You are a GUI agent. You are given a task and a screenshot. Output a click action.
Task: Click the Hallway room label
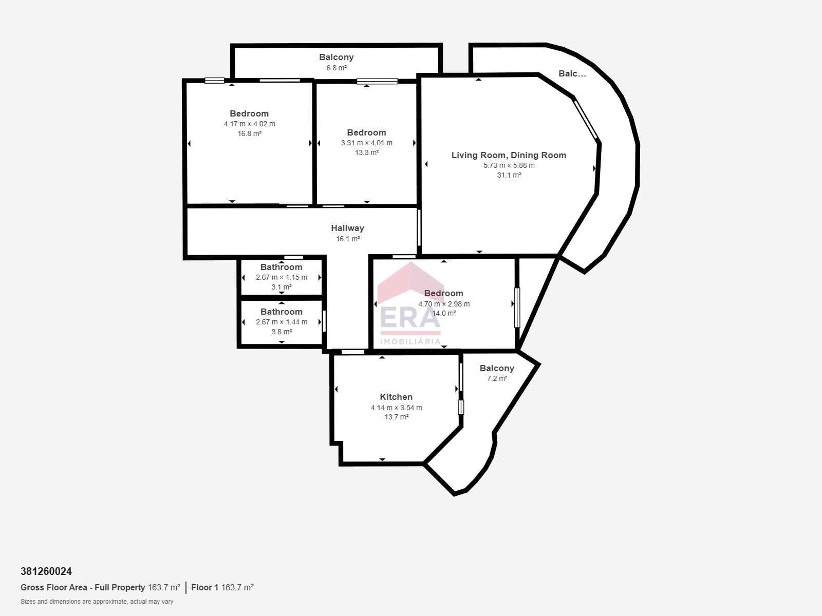(347, 228)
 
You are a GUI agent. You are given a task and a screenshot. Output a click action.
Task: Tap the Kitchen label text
(396, 397)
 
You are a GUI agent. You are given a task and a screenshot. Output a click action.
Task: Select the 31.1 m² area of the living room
(509, 175)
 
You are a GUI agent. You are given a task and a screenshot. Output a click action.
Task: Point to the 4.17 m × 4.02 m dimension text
(249, 124)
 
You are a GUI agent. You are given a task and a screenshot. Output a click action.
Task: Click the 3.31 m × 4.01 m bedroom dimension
(367, 143)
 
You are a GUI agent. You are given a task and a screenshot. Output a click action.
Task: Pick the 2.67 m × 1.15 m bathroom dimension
(282, 278)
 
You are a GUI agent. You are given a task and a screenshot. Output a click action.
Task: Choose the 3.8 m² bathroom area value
(282, 332)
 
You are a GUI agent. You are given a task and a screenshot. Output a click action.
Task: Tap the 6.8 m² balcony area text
(337, 68)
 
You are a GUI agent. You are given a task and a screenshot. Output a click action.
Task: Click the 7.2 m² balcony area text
(497, 378)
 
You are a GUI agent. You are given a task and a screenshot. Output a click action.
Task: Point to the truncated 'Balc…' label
(572, 74)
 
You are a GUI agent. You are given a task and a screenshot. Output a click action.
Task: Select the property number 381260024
(46, 571)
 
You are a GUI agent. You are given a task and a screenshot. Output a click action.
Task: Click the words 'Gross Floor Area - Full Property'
(83, 588)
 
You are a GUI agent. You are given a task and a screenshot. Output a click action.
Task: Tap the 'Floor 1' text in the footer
(205, 588)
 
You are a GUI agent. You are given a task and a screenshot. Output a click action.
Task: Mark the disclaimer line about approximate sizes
(97, 602)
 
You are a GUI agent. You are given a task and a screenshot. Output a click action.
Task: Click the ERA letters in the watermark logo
(410, 318)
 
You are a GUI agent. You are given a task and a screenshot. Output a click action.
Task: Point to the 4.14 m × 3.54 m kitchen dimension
(396, 408)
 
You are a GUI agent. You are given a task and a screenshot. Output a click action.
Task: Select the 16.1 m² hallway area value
(348, 239)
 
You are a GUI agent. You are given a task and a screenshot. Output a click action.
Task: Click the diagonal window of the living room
(587, 120)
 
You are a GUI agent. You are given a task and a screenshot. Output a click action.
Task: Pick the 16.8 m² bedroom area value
(249, 133)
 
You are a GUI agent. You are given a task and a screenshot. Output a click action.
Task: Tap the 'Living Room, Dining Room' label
(509, 155)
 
